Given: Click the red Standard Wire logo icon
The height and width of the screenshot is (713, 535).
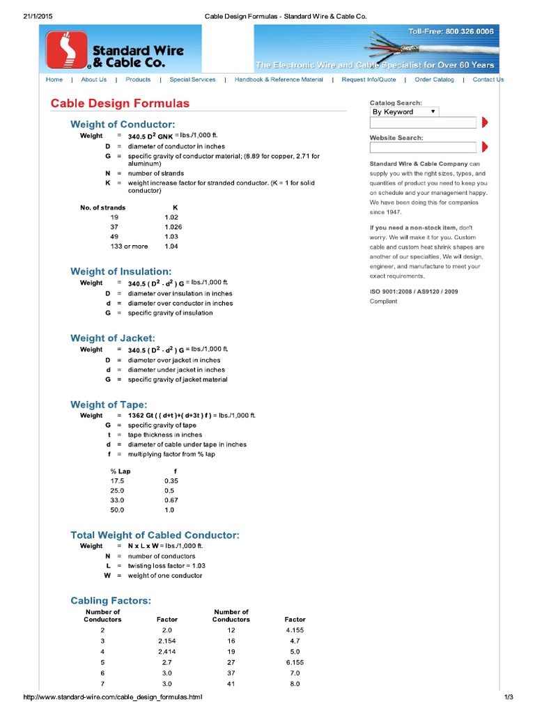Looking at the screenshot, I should (x=67, y=50).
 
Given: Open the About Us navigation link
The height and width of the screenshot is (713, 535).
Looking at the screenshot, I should (x=94, y=79).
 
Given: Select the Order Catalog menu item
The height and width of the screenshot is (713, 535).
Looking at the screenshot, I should (x=434, y=79).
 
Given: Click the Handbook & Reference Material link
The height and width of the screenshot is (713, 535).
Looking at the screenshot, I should (x=279, y=79).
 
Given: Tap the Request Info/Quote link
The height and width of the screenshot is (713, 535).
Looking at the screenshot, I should (x=369, y=79).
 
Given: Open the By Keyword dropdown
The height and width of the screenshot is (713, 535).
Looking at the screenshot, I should (x=404, y=111).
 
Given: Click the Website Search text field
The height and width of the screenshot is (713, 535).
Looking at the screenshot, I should (x=423, y=147).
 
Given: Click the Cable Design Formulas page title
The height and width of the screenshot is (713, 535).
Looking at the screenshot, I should (x=120, y=103).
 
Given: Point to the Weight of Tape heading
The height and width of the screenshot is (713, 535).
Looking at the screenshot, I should (x=109, y=405).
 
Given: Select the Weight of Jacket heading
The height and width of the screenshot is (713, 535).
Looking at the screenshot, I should (x=113, y=338).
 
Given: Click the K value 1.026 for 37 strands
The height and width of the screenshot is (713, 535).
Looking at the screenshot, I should (x=173, y=227).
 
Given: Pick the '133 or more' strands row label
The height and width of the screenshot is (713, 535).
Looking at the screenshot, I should (x=129, y=246).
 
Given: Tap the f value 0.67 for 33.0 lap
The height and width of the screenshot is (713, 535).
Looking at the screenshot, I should (x=171, y=500).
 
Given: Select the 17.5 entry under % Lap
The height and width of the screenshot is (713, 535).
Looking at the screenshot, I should (x=117, y=480).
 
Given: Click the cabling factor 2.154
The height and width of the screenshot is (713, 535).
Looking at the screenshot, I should (x=167, y=640).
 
